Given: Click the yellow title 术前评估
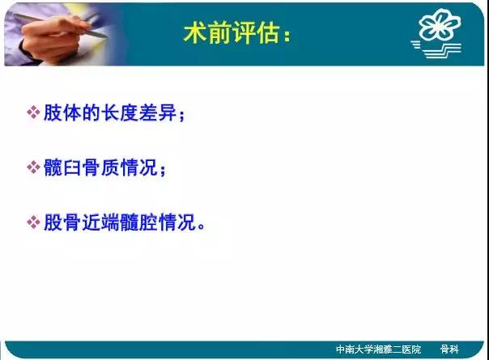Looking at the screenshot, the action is (x=232, y=32).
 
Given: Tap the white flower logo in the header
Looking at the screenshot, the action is (x=439, y=24).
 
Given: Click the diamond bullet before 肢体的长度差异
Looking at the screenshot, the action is (x=33, y=112).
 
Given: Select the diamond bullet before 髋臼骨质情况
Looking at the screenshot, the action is (x=33, y=167).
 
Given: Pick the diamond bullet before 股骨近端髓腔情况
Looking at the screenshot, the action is (x=33, y=222).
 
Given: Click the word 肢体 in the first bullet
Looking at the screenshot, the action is (x=62, y=112).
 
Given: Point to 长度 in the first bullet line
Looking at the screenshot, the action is (x=120, y=112).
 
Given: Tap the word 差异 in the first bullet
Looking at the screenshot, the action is (x=158, y=112).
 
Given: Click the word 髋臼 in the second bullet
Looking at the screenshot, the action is (x=62, y=167).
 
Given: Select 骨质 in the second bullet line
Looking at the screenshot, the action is (x=100, y=167).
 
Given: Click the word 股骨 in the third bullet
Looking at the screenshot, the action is (x=62, y=222).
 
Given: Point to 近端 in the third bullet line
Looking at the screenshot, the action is (x=100, y=222).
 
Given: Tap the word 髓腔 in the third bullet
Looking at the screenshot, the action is (x=139, y=222).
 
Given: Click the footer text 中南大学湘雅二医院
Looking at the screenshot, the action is (x=378, y=349).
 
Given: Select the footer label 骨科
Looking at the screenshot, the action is (x=449, y=349).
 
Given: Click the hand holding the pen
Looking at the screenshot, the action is (x=53, y=39).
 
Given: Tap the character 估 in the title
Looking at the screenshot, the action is (x=268, y=32).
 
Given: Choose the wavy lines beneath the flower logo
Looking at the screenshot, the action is (x=436, y=49).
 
